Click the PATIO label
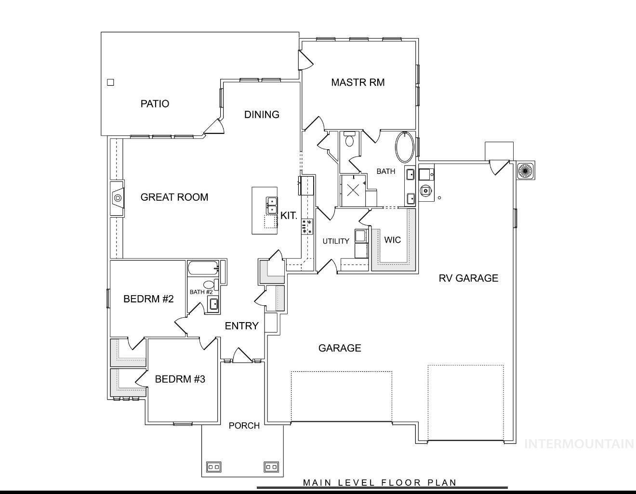pyautogui.click(x=155, y=104)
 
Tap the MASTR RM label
pyautogui.click(x=358, y=82)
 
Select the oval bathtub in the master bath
pyautogui.click(x=405, y=147)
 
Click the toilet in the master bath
pyautogui.click(x=350, y=140)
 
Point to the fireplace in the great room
pyautogui.click(x=117, y=198)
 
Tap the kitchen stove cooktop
pyautogui.click(x=307, y=226)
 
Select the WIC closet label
pyautogui.click(x=392, y=240)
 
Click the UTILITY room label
pyautogui.click(x=336, y=241)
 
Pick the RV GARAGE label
pyautogui.click(x=468, y=278)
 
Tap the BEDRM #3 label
pyautogui.click(x=180, y=379)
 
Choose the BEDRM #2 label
pyautogui.click(x=148, y=299)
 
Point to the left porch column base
pyautogui.click(x=213, y=467)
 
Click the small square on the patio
pyautogui.click(x=110, y=82)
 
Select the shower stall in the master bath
pyautogui.click(x=353, y=190)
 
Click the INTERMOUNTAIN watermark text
pyautogui.click(x=579, y=443)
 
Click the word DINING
pyautogui.click(x=262, y=115)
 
